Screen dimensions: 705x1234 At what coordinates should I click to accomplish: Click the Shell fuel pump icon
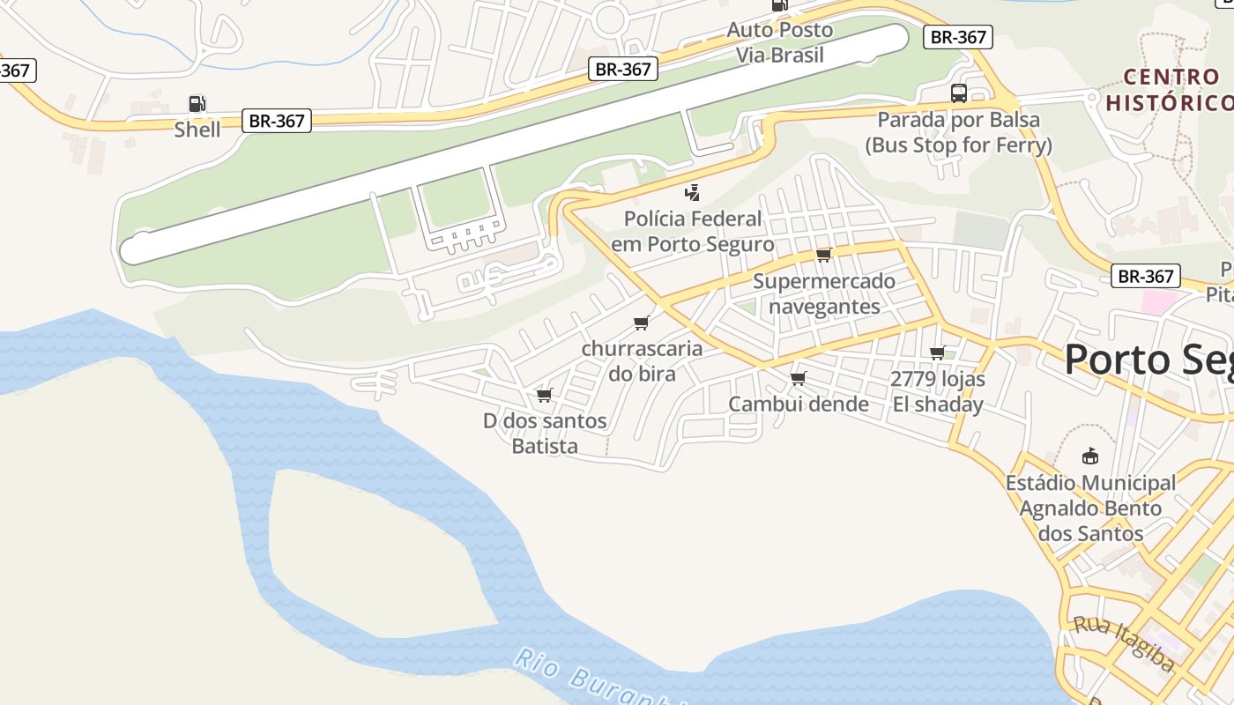point(197,104)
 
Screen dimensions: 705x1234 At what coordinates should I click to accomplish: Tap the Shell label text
point(197,130)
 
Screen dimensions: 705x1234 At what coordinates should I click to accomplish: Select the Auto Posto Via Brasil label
point(779,42)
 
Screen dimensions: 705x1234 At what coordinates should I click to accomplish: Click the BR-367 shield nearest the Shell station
point(277,121)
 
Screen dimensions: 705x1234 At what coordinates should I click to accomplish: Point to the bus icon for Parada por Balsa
point(958,93)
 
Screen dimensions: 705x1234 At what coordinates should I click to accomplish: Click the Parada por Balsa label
point(958,132)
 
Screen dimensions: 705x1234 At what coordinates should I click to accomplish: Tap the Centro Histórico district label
point(1169,90)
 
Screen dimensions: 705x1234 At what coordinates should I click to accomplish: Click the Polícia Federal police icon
point(693,192)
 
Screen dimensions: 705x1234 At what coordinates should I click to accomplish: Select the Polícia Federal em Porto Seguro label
point(693,231)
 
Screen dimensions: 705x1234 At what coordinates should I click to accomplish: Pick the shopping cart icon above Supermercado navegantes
point(823,256)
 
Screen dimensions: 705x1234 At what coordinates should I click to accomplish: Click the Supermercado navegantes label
point(824,293)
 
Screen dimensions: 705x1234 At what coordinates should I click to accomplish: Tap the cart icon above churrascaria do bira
point(642,323)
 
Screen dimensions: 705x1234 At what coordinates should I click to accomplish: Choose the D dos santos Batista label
point(545,433)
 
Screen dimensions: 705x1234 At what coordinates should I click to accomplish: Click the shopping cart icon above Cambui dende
point(799,379)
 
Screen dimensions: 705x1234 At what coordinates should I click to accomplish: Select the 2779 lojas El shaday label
point(938,392)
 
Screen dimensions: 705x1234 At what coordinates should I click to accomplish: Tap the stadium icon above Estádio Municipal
point(1090,456)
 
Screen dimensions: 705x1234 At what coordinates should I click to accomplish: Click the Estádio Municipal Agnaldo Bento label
point(1090,508)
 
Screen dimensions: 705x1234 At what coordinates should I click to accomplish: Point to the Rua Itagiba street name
point(1123,642)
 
